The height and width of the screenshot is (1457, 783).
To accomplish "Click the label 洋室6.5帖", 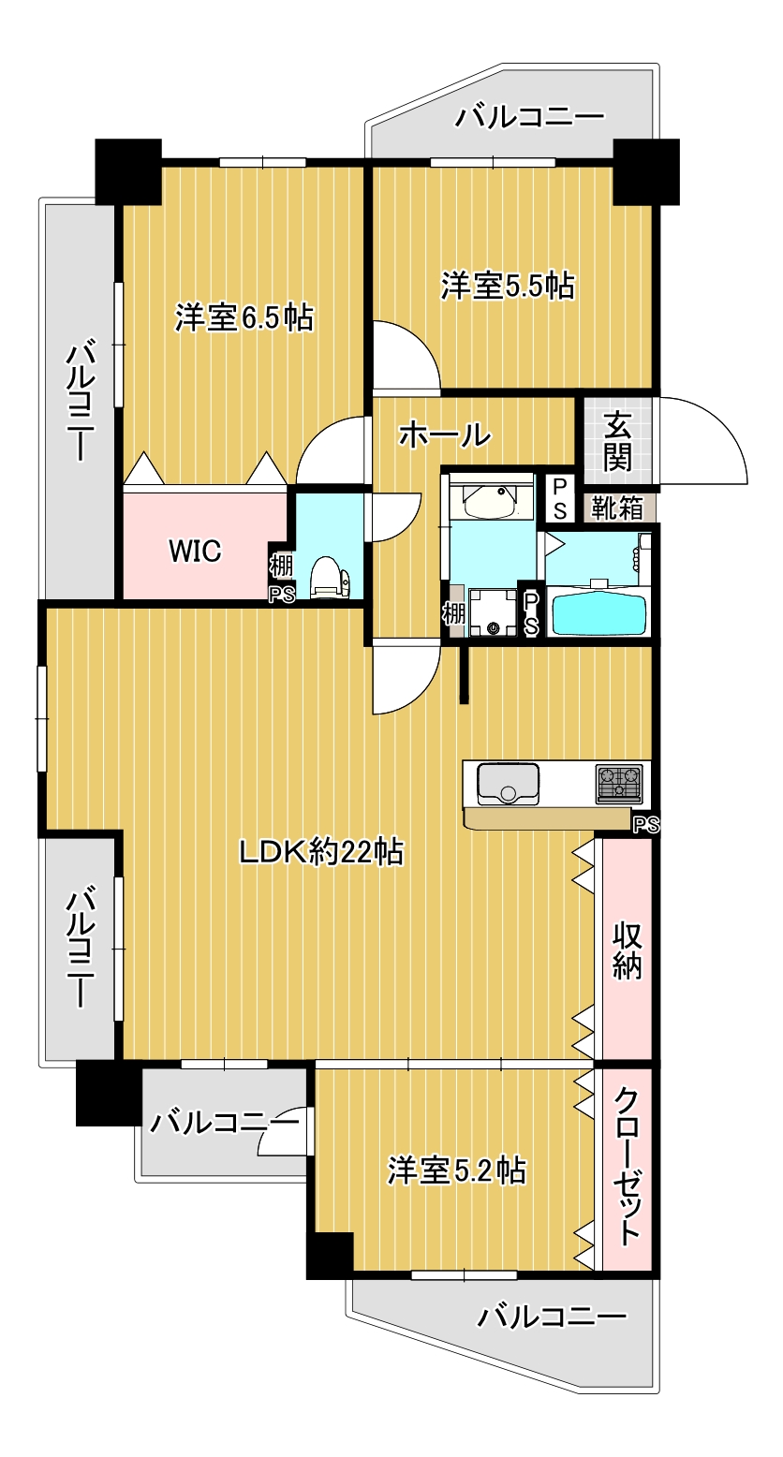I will click(244, 318).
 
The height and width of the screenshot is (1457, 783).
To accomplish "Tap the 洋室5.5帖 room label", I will click(508, 285).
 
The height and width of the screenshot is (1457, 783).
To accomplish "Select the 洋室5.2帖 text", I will click(456, 1170).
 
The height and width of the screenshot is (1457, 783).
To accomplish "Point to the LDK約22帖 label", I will click(320, 852).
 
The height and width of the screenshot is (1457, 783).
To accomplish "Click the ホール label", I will click(445, 434).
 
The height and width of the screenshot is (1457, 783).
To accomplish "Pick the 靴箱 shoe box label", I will click(617, 508).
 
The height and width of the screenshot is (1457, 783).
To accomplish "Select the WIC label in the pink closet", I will click(195, 552).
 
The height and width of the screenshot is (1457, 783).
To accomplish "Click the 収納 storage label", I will click(627, 950).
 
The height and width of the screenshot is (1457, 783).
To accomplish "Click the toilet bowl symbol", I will click(329, 575).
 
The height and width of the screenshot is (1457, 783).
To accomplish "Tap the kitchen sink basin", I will click(508, 784).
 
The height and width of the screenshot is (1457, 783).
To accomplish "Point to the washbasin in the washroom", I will click(489, 503).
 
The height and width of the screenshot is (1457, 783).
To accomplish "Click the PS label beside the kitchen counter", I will click(645, 825).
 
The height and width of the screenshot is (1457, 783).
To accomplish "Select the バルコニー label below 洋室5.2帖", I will click(551, 1317).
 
